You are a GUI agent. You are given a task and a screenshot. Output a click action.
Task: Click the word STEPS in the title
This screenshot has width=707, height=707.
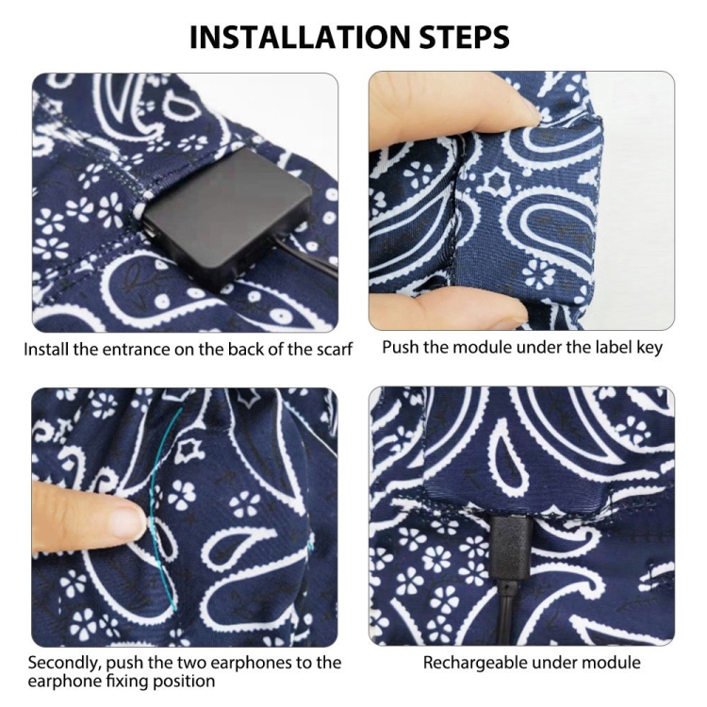(465, 37)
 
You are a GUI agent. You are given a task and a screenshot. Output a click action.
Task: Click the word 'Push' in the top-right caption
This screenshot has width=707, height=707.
(400, 348)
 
